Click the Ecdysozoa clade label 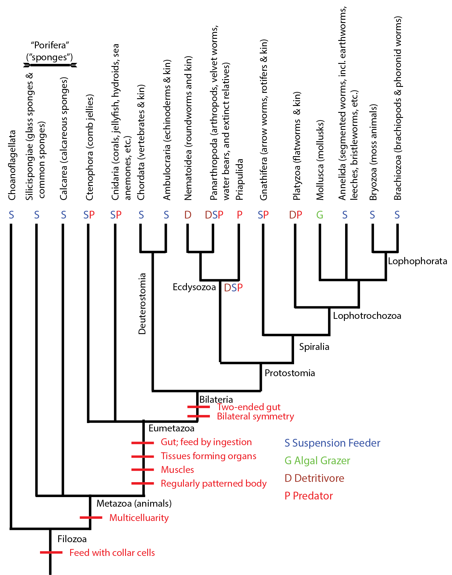coord(194,287)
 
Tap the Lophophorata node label coord(417,261)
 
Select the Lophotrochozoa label coord(367,316)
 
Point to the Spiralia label coord(314,347)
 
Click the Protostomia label coord(290,373)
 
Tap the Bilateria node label coord(216,399)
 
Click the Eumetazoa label coord(171,428)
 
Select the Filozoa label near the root coord(72,539)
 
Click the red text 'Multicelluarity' coord(139,518)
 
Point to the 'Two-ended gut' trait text coord(248,407)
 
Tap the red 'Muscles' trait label coord(177,470)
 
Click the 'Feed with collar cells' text coord(112,553)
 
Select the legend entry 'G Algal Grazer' coord(317,461)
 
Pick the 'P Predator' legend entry coord(308,496)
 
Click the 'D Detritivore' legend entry coord(314,478)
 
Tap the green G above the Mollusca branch coord(320,215)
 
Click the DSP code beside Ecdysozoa coord(233,288)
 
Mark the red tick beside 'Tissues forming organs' coord(143,456)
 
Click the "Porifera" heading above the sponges coord(50,45)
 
